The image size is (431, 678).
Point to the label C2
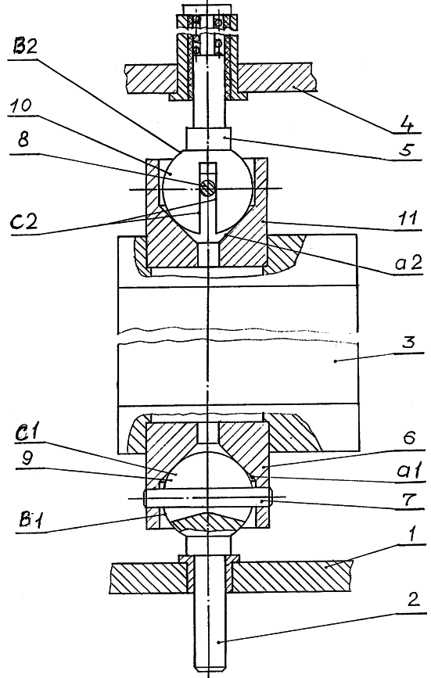tap(25, 221)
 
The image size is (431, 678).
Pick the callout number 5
tap(407, 149)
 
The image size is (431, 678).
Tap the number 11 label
tap(408, 218)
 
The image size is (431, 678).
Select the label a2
tap(408, 263)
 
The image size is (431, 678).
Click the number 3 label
tap(408, 342)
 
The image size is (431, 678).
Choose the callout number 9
tap(27, 459)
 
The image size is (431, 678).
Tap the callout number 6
tap(409, 439)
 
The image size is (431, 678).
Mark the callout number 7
tap(408, 500)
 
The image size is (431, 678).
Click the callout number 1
tap(412, 536)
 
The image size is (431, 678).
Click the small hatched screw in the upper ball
tap(207, 187)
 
